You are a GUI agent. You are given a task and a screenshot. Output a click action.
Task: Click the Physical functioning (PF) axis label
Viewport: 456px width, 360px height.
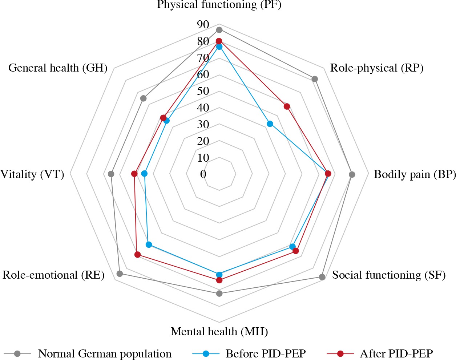(x=219, y=5)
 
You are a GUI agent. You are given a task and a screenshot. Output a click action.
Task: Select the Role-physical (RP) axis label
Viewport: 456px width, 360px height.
(x=377, y=68)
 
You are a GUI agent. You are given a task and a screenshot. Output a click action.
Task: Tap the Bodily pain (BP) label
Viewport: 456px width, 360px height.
(x=415, y=174)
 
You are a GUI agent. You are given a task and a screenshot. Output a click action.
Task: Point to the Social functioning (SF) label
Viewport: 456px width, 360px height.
(x=389, y=275)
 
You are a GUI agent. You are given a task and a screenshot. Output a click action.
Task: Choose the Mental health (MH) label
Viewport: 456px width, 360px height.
(x=219, y=331)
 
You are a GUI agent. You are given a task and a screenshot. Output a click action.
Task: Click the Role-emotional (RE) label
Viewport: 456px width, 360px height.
(x=53, y=275)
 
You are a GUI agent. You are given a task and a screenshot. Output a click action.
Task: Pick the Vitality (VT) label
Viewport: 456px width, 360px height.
(x=32, y=174)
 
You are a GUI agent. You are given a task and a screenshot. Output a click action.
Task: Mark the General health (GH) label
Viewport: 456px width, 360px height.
(x=58, y=68)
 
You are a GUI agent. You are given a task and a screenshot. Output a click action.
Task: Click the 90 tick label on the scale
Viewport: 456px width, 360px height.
(x=203, y=25)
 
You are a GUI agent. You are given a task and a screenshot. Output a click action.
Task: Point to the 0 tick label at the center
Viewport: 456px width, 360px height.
(x=203, y=174)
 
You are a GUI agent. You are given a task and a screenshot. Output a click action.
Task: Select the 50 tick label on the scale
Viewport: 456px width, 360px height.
(x=203, y=91)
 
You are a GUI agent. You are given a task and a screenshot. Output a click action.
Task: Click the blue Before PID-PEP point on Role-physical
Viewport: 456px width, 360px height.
(x=270, y=124)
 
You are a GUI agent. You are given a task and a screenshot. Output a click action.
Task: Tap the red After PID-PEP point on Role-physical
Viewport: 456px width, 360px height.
(x=287, y=106)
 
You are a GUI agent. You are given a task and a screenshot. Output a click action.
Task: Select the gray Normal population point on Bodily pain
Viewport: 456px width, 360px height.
(x=352, y=174)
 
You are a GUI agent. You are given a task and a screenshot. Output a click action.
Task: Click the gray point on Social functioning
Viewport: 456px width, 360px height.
(x=322, y=277)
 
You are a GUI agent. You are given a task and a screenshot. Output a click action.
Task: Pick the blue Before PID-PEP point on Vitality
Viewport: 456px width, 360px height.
(x=144, y=174)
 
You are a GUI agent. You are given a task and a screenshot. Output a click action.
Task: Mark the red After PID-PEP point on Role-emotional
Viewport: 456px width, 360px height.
(x=138, y=255)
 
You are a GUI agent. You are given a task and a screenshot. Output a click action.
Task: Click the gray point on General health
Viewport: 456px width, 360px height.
(x=144, y=98)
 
